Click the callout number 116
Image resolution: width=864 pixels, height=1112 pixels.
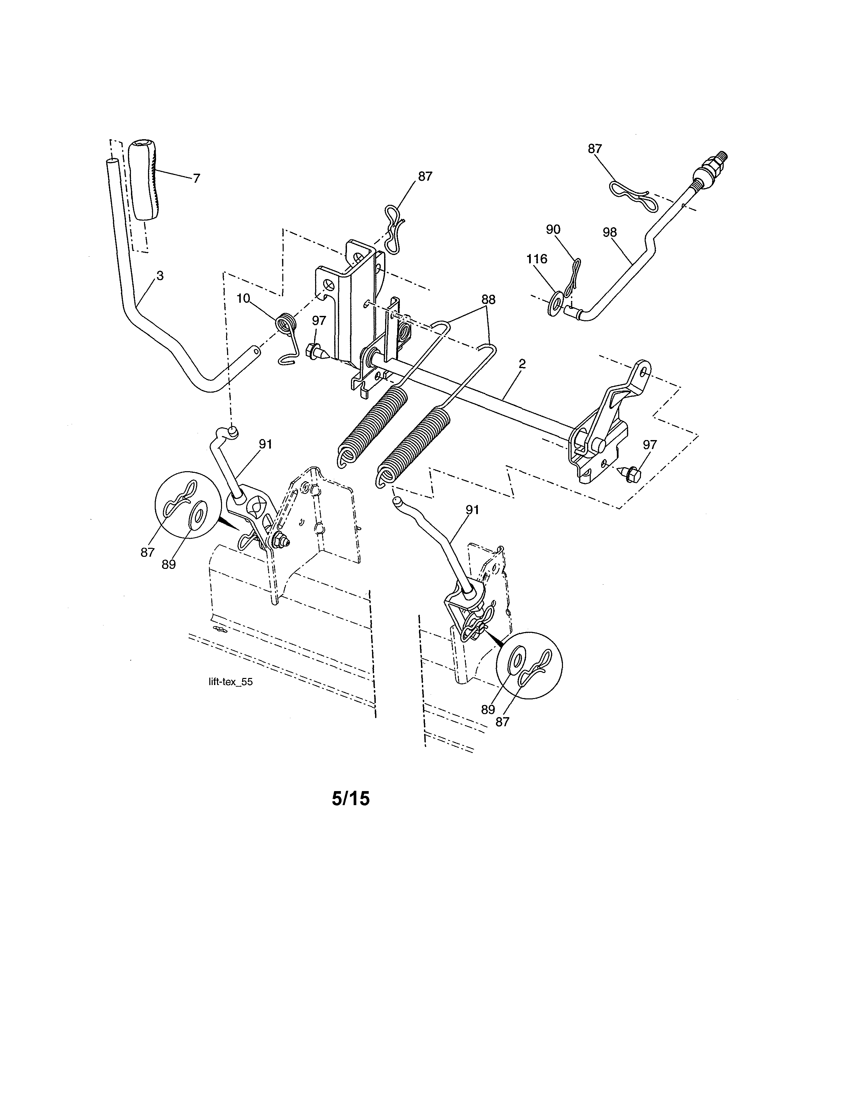tap(537, 259)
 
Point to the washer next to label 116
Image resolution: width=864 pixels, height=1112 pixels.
tap(554, 303)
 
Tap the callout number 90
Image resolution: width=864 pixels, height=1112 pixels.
tap(553, 230)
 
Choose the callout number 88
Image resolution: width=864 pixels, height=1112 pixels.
tap(488, 300)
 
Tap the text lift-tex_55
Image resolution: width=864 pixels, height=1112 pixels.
tap(231, 682)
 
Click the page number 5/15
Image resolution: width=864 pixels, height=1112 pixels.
tap(351, 798)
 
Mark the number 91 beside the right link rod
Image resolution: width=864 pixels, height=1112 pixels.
tap(472, 510)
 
